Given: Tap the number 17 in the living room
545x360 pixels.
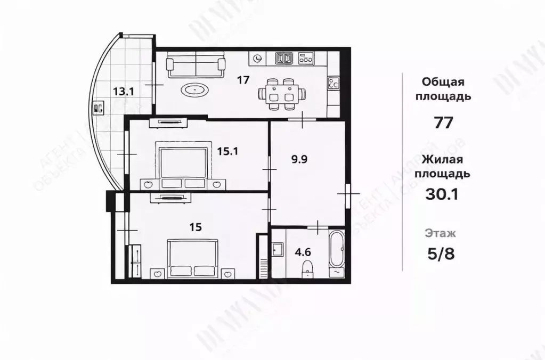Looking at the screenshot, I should (x=243, y=80).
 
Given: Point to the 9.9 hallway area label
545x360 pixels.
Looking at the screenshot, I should (x=298, y=159).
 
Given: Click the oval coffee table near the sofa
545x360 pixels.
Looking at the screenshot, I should (x=197, y=90).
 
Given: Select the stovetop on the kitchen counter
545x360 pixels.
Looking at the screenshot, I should (x=334, y=83).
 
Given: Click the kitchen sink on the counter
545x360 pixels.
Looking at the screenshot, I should (x=284, y=58).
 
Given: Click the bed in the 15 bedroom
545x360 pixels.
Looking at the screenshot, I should (x=193, y=258).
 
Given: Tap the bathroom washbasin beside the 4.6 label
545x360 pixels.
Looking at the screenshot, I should (x=277, y=249).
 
